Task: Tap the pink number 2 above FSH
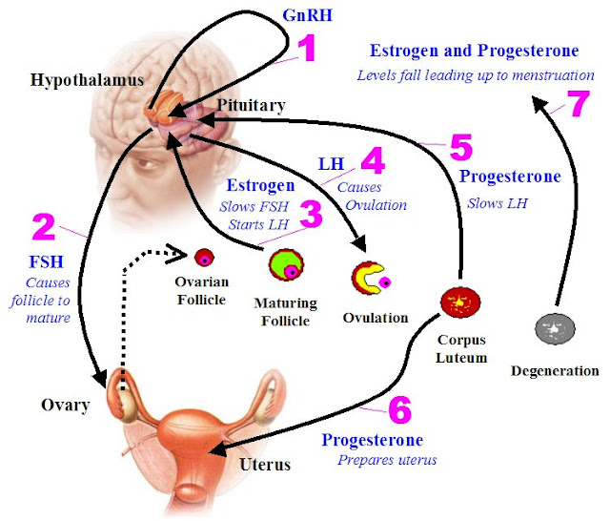(x=43, y=227)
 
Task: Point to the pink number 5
(x=460, y=148)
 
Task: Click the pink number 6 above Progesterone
(x=401, y=410)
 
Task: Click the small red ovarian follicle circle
(x=202, y=256)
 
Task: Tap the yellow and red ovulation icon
(x=369, y=278)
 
